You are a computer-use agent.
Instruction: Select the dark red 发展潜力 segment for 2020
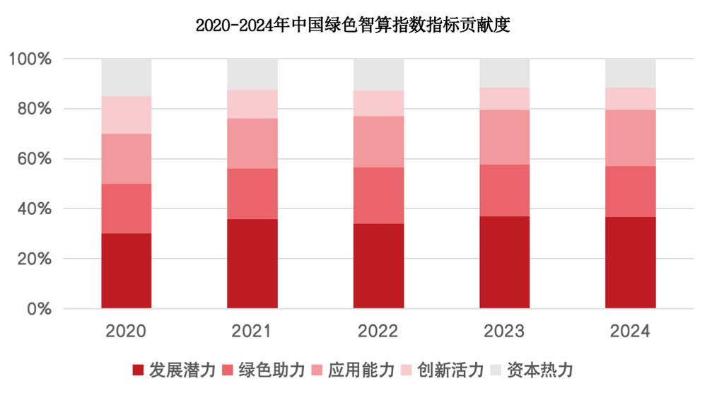click(x=127, y=271)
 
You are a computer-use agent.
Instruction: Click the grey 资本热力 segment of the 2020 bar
click(x=127, y=77)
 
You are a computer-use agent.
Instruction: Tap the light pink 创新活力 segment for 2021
click(x=252, y=104)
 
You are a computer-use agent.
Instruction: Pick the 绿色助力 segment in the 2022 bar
click(x=378, y=195)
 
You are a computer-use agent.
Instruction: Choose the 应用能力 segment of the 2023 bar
click(x=504, y=137)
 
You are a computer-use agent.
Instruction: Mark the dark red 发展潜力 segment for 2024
click(x=630, y=262)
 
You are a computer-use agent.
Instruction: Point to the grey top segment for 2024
click(x=630, y=73)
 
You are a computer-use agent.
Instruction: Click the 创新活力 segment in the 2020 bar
click(x=127, y=115)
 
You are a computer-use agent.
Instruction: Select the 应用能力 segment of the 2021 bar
click(x=252, y=143)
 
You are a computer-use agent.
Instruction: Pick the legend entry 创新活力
click(x=442, y=370)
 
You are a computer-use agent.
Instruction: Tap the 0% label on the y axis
click(x=40, y=309)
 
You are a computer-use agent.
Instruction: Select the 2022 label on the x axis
click(x=378, y=331)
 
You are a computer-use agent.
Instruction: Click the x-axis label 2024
click(x=630, y=331)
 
